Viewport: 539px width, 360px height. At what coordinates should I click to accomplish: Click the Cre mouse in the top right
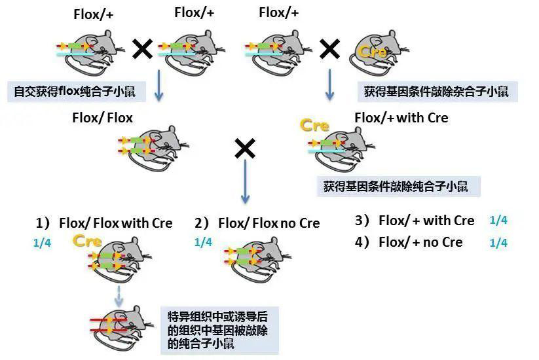(379, 50)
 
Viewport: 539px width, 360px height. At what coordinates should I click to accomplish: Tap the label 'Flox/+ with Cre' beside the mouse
(401, 118)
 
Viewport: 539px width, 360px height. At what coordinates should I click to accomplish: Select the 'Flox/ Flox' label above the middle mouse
(103, 118)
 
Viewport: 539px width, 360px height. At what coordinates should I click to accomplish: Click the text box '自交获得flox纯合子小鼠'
(75, 91)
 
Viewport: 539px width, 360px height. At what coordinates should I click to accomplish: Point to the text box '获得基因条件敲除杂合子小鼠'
(436, 91)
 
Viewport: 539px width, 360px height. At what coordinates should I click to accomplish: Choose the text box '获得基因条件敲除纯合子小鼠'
(396, 187)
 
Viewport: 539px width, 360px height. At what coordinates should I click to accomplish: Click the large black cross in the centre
(244, 149)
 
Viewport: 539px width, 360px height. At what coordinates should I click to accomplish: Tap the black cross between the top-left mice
(143, 48)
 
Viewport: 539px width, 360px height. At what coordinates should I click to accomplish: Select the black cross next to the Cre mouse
(329, 48)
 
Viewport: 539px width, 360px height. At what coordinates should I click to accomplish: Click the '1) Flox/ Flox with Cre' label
(104, 223)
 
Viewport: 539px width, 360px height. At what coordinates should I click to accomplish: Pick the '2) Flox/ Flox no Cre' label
(257, 223)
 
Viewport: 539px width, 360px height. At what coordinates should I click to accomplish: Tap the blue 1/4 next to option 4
(498, 243)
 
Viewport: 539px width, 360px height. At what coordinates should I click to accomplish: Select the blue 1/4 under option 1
(42, 243)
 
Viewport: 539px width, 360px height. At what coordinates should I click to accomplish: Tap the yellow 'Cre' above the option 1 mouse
(87, 241)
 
